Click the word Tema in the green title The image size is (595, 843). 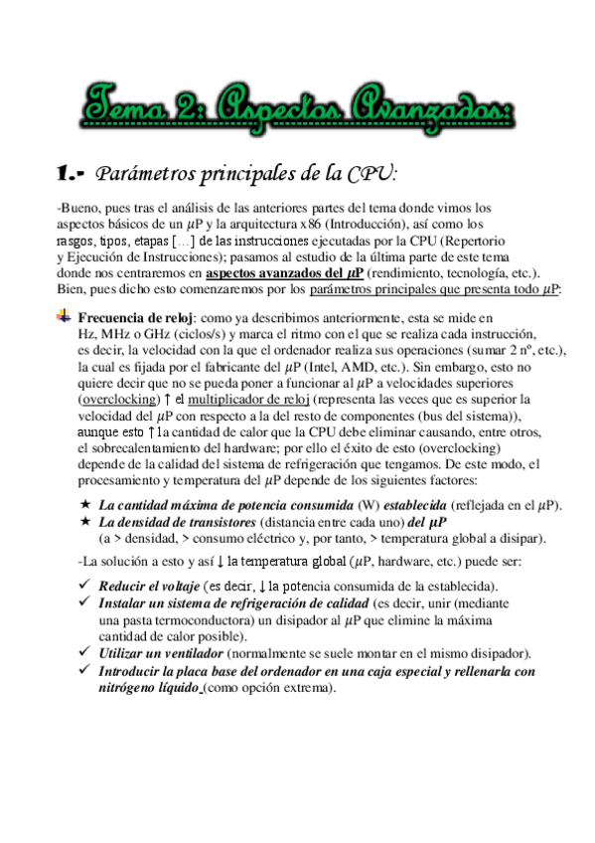pos(126,100)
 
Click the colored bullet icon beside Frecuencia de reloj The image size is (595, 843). pos(64,316)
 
